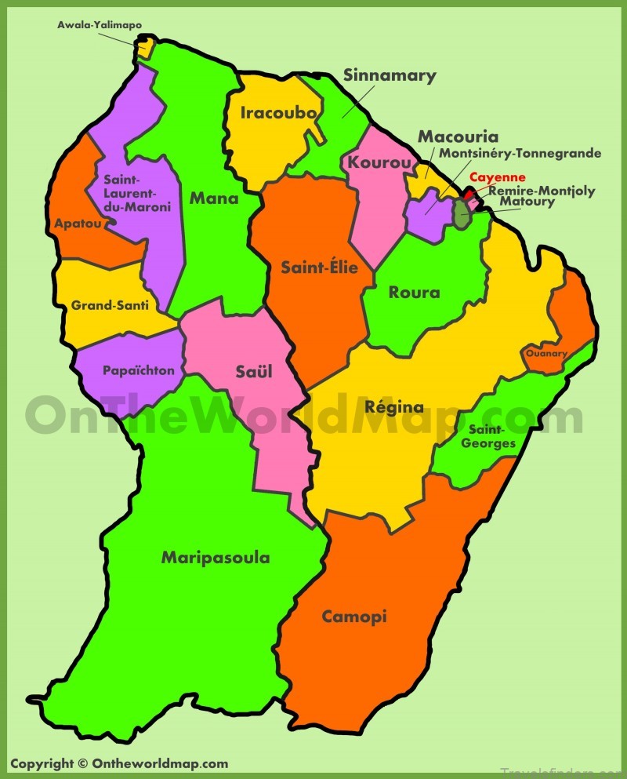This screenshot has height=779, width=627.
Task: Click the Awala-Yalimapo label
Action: pyautogui.click(x=100, y=25)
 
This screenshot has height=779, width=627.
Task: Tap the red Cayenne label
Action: pyautogui.click(x=497, y=177)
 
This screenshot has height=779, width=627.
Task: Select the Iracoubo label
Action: pyautogui.click(x=278, y=113)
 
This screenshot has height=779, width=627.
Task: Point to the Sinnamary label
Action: pyautogui.click(x=390, y=76)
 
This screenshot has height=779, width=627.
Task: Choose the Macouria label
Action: pyautogui.click(x=458, y=137)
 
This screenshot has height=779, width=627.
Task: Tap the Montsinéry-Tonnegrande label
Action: pyautogui.click(x=520, y=153)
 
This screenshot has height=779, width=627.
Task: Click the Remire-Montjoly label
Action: pyautogui.click(x=542, y=191)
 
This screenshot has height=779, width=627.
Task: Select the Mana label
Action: pyautogui.click(x=214, y=198)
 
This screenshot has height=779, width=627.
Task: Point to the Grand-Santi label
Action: pyautogui.click(x=110, y=305)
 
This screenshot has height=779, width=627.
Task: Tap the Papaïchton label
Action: pyautogui.click(x=138, y=370)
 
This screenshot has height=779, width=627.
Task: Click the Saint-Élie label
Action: pyautogui.click(x=319, y=268)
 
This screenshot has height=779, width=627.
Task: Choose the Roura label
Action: pyautogui.click(x=414, y=293)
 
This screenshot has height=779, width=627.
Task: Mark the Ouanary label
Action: pyautogui.click(x=546, y=354)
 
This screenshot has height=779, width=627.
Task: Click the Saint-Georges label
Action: pyautogui.click(x=492, y=436)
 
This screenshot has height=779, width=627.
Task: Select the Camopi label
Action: pyautogui.click(x=354, y=617)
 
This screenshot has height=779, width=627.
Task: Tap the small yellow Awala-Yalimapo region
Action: pyautogui.click(x=145, y=47)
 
